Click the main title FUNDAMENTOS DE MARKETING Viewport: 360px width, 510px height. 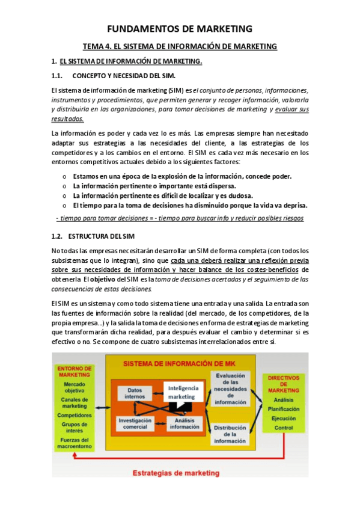(x=180, y=28)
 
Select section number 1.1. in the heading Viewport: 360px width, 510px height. (x=58, y=76)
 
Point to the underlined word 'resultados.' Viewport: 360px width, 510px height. (x=68, y=119)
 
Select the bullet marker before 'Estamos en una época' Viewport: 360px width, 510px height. (x=65, y=176)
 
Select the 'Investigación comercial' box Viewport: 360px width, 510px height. (x=135, y=423)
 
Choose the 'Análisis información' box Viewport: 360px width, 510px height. (x=185, y=423)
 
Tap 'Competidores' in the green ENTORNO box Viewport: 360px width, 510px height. (x=75, y=415)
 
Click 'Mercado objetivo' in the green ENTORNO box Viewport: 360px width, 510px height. (x=75, y=387)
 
